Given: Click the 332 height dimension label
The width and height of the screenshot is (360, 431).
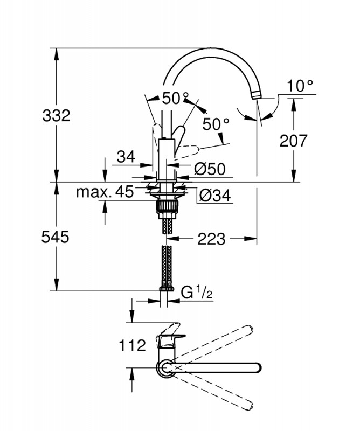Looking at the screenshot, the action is [x=57, y=115].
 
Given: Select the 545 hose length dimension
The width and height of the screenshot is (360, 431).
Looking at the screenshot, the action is [x=56, y=237].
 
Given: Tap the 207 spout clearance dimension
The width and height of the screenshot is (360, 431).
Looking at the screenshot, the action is [x=293, y=141].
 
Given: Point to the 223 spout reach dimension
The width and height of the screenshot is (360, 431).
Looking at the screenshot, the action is [x=211, y=239].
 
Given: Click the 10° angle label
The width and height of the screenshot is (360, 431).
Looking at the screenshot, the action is [x=300, y=86].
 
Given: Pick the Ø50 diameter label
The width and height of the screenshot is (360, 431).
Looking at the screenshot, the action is [x=210, y=169].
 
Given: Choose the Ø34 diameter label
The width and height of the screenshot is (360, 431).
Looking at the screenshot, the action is [x=215, y=196].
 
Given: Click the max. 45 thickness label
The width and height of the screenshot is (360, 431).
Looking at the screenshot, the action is [x=105, y=192].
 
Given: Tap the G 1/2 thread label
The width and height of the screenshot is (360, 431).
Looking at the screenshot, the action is [x=197, y=293].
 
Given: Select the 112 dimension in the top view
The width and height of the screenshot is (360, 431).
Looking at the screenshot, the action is [x=132, y=345].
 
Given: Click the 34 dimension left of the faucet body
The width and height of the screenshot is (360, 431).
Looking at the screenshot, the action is [x=126, y=157].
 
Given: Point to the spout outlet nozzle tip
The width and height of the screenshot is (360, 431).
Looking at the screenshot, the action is [x=256, y=95].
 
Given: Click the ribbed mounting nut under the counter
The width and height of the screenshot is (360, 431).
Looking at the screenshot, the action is [x=167, y=209].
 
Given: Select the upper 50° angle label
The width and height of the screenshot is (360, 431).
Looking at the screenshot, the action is [x=175, y=98].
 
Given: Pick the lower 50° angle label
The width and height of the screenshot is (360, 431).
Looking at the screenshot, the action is [x=216, y=124].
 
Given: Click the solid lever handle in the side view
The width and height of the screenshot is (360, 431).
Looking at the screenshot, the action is [x=178, y=137].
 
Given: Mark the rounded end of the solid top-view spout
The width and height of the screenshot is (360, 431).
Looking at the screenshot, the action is [x=259, y=368].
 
